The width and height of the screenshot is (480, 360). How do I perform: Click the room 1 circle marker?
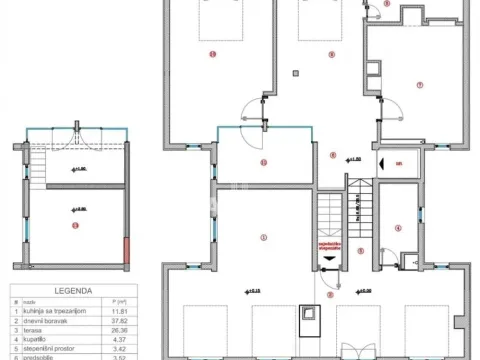pyautogui.click(x=263, y=236)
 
